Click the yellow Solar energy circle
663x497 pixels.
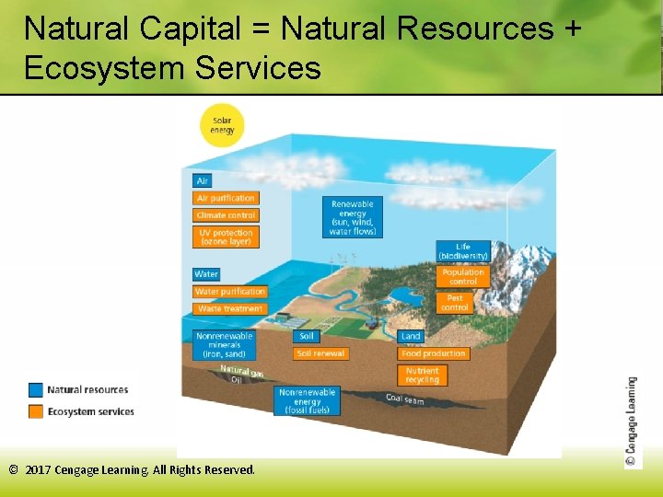pos(222,125)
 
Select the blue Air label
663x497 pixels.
pos(203,181)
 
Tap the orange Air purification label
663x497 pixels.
pos(226,198)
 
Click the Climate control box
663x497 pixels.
pos(226,215)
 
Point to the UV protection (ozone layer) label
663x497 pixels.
pos(226,237)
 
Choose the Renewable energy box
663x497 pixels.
pos(353,217)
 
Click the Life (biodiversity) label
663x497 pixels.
pos(462,251)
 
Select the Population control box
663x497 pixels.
pos(462,276)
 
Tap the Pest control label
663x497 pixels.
pos(455,303)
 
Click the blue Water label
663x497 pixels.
pos(206,274)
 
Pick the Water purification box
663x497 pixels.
pos(229,292)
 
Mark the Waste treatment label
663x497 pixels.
pos(229,309)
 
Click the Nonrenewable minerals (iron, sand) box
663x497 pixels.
pos(224,345)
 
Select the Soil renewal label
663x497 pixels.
pos(321,353)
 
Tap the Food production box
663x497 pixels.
pos(434,353)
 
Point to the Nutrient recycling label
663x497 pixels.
pos(423,376)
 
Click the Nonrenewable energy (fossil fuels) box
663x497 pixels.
pos(308,401)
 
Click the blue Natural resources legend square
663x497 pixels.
pos(36,390)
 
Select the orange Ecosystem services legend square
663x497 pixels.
pos(36,411)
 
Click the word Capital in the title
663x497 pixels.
pos(192,29)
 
